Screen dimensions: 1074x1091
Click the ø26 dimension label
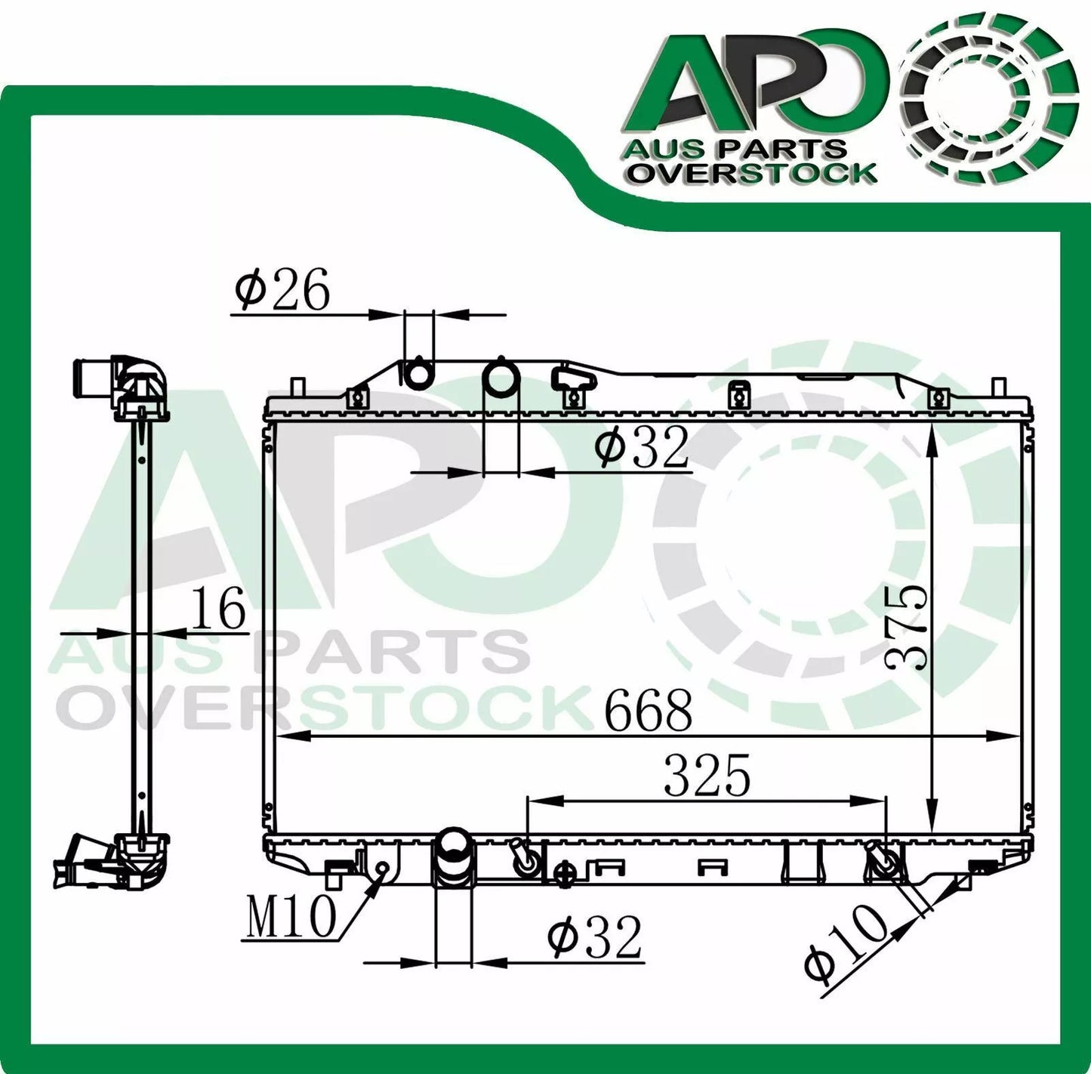[282, 291]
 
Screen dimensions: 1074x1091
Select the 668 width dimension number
[648, 711]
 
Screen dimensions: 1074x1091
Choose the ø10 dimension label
[845, 943]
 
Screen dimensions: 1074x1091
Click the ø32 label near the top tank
[641, 447]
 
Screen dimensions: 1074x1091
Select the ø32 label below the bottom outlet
[595, 937]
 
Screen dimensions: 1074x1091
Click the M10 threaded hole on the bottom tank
[383, 868]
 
